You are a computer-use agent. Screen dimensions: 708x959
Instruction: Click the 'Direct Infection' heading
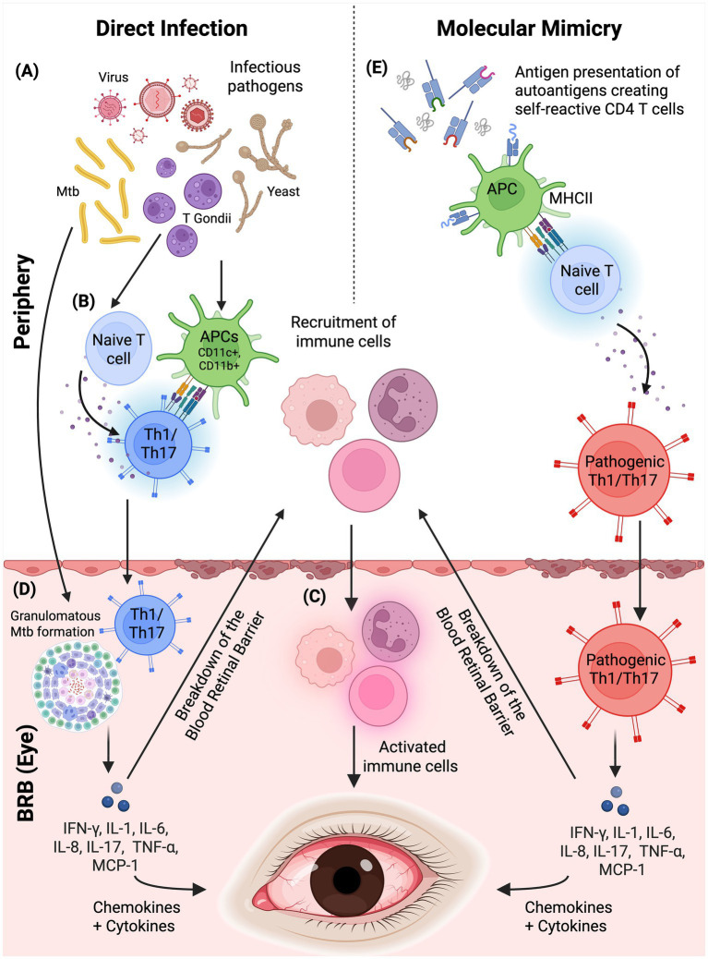172,28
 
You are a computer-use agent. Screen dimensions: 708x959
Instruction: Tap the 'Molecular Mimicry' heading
529,28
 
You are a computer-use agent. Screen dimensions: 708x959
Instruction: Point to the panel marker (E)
377,67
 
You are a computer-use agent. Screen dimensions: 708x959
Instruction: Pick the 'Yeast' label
282,191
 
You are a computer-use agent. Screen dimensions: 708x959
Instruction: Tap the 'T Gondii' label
207,218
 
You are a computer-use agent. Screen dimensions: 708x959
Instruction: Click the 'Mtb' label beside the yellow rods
67,191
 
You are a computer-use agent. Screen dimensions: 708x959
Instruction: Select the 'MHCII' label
570,198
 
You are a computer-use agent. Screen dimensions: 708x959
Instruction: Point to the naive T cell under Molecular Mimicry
586,280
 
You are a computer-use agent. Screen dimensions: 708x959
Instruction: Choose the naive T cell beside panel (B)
118,349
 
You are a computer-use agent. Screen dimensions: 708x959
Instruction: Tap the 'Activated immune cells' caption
410,756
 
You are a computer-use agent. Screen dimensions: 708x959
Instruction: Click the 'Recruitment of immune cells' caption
342,332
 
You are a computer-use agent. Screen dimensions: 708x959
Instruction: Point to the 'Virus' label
114,77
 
